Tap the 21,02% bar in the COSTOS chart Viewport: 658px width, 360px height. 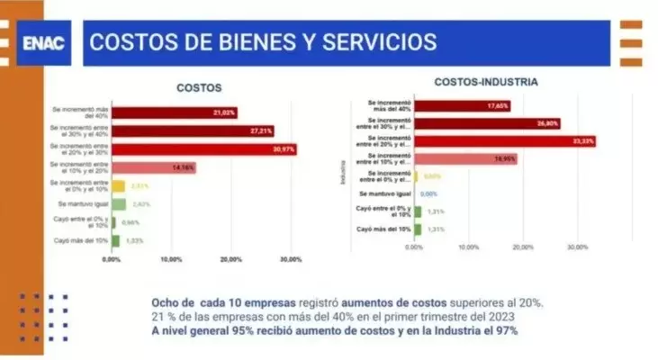point(174,112)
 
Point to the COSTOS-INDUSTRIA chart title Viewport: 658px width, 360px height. point(486,81)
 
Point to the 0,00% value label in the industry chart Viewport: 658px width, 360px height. point(428,193)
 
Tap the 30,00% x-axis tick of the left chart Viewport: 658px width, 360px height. point(290,259)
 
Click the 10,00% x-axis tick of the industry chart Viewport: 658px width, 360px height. point(468,247)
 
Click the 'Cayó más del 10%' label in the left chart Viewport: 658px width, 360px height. point(82,240)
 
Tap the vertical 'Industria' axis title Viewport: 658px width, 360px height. point(342,171)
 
